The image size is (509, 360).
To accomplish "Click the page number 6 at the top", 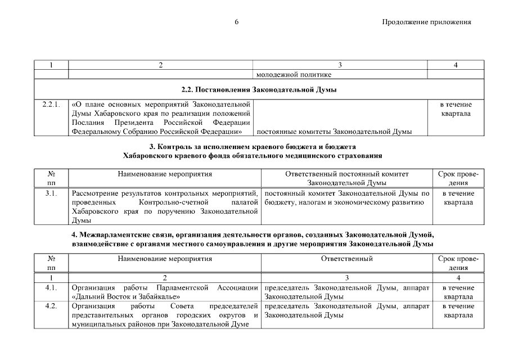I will coord(237,22).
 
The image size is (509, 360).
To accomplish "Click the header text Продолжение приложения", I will coord(426,22).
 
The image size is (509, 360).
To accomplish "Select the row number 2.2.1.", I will coord(51,105).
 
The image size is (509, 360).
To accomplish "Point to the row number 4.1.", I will coord(51,288).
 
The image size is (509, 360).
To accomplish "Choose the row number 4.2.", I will coord(51,307).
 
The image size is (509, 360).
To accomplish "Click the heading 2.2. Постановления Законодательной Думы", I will coord(259,89).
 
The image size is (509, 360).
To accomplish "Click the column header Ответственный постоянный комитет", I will coord(346,174).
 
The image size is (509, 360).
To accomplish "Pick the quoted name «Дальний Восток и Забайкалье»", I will coord(127,297).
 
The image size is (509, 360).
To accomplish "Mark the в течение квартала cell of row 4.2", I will coord(458,311).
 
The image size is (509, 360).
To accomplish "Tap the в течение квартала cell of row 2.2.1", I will coord(458,109).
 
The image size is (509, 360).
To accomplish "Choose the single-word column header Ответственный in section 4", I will coord(346,259).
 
